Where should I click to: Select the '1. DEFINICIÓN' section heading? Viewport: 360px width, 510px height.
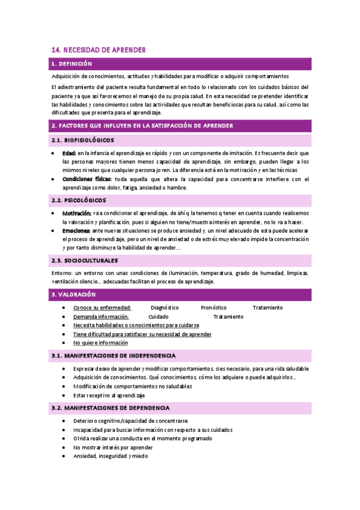(72, 63)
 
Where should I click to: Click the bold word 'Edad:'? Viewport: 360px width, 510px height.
(69, 154)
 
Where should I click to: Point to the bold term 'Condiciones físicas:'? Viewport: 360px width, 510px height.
(87, 179)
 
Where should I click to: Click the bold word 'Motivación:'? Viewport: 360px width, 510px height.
(76, 214)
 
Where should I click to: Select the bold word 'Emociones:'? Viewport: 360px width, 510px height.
(76, 230)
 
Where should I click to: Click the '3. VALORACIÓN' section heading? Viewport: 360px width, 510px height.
(74, 294)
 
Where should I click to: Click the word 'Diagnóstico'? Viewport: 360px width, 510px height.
(165, 308)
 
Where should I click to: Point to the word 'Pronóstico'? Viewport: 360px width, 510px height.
(214, 308)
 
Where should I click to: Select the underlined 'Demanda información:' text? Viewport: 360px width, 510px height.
(101, 316)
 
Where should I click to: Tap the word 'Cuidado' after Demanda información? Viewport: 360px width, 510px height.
(158, 316)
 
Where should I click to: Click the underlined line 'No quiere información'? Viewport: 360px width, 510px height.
(100, 343)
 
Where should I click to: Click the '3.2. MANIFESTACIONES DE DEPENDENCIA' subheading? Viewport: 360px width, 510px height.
(111, 408)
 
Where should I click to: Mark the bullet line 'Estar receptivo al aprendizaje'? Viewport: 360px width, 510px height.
(109, 395)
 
